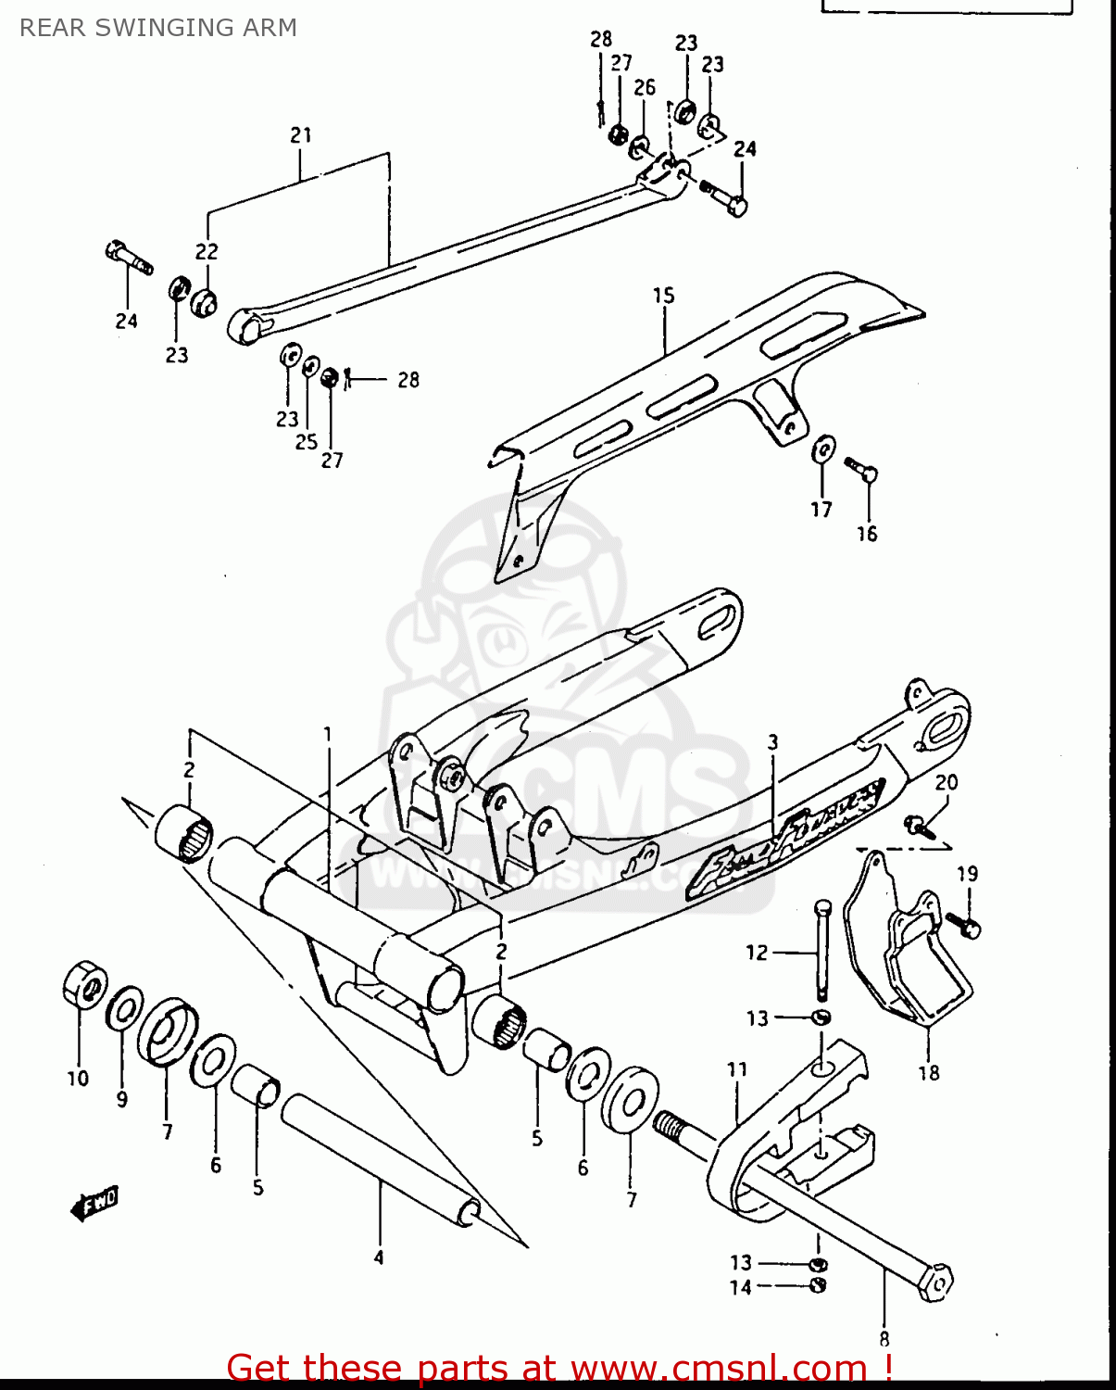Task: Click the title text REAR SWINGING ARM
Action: pos(158,28)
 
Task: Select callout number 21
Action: pos(301,135)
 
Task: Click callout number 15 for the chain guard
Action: pos(663,296)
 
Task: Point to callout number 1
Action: pos(327,735)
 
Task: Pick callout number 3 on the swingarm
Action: pos(772,742)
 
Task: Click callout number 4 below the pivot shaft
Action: pos(379,1257)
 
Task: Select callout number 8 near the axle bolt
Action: pos(884,1338)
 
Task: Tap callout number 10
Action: pos(78,1079)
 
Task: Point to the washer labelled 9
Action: pos(124,1008)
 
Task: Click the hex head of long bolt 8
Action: pos(937,1283)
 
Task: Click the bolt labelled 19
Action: pos(962,924)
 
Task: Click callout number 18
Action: pos(928,1073)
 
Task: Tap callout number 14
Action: pos(740,1287)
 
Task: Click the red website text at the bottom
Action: pos(559,1368)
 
